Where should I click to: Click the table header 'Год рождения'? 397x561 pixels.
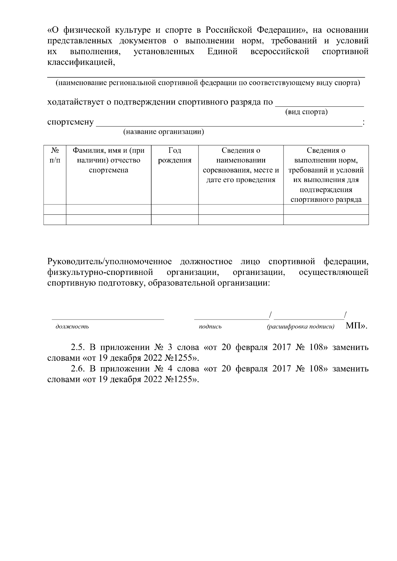click(175, 156)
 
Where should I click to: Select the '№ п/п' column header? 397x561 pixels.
click(55, 156)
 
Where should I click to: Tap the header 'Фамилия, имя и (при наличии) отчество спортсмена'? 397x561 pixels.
click(109, 161)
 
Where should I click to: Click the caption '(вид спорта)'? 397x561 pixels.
click(306, 112)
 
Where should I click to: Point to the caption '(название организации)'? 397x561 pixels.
click(163, 132)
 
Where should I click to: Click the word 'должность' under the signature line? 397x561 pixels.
click(72, 327)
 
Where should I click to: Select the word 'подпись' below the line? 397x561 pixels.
click(210, 327)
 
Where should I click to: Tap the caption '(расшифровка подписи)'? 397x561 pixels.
click(300, 327)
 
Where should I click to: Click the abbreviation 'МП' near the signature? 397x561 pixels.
click(354, 326)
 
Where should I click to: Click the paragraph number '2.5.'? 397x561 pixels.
click(78, 348)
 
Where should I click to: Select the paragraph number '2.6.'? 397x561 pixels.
click(78, 369)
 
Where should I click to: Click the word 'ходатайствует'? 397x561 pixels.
click(75, 102)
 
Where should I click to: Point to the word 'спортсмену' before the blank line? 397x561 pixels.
click(70, 123)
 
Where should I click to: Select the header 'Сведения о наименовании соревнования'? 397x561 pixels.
click(241, 165)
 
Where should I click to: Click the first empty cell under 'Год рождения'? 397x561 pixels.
click(175, 209)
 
